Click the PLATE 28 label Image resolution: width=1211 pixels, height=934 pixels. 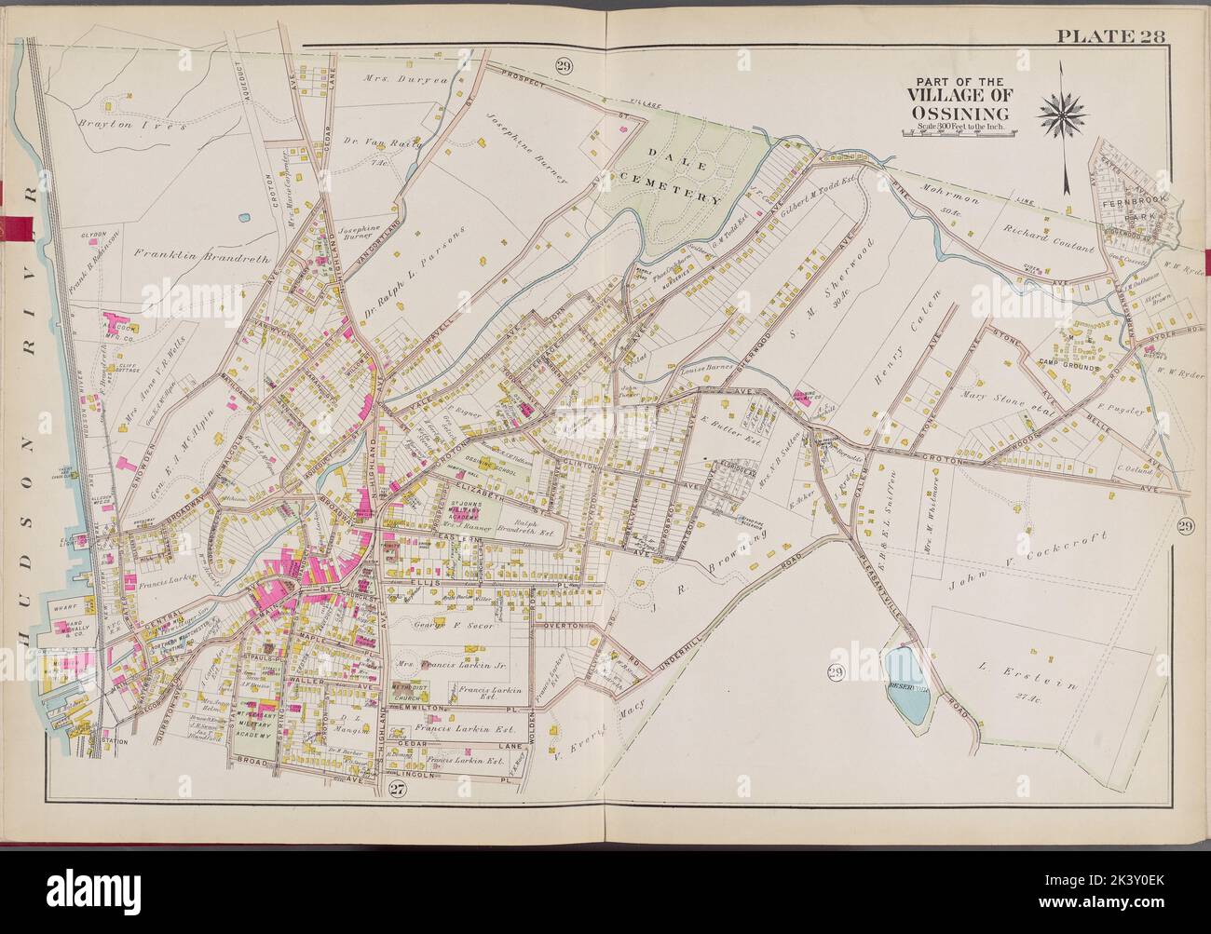tap(1113, 37)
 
